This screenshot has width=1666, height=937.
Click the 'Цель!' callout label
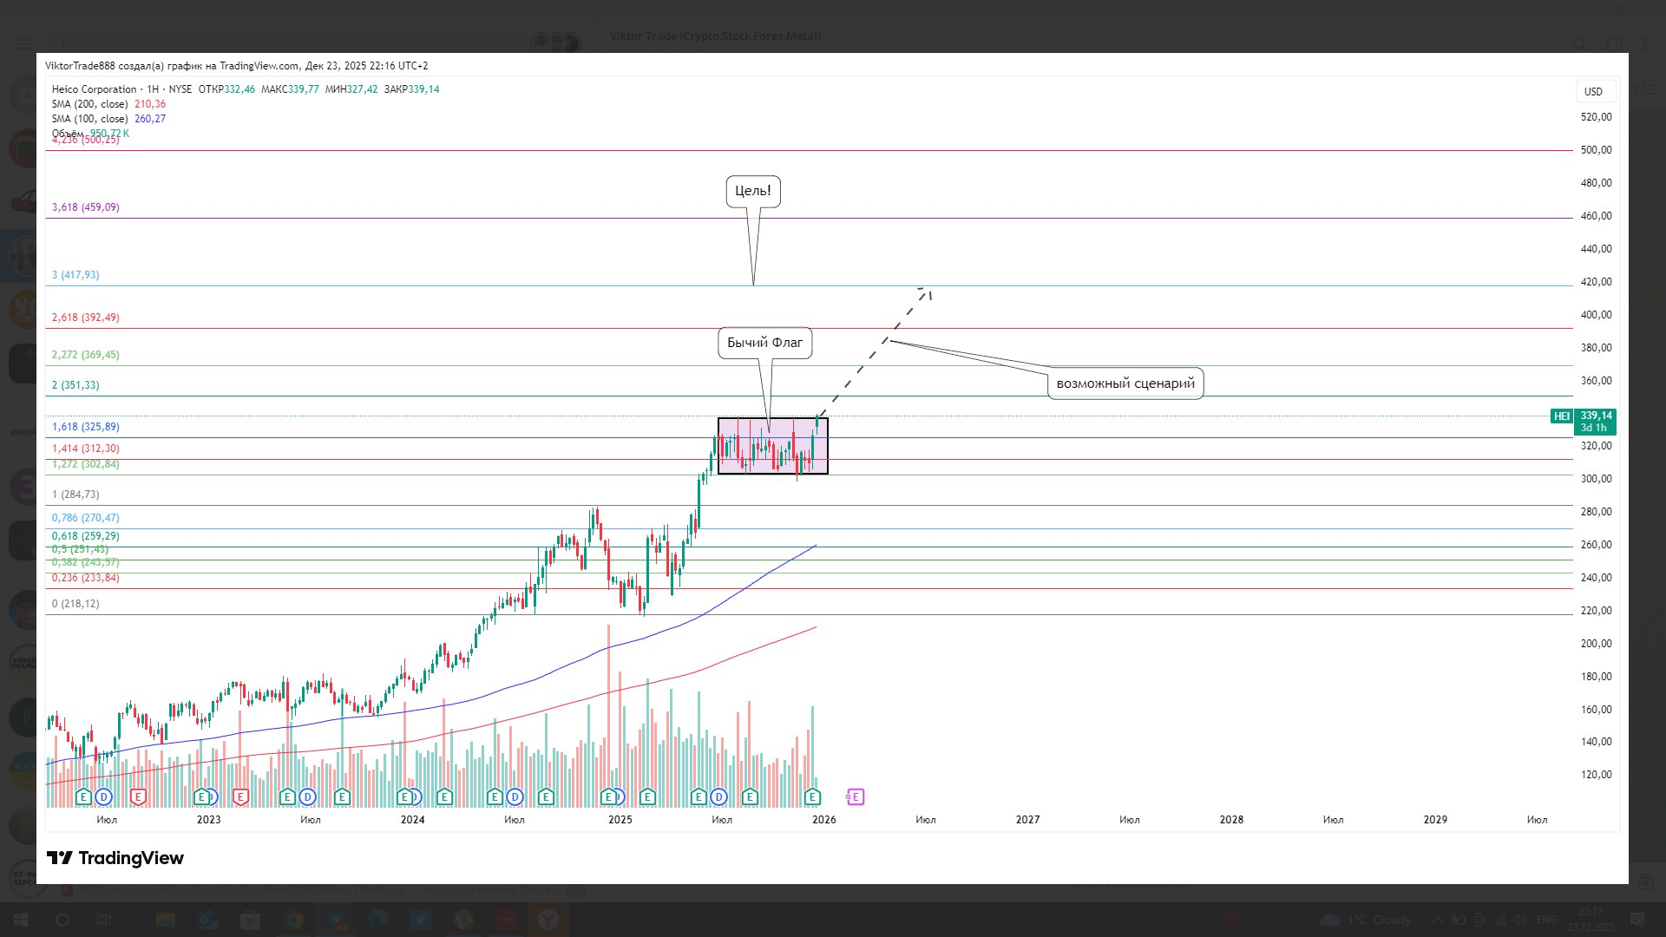pos(752,191)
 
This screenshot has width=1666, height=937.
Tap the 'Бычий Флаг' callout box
pos(764,343)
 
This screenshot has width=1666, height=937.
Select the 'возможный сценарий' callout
pos(1125,383)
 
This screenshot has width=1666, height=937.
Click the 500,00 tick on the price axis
pos(1596,150)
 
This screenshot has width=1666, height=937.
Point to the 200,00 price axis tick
pos(1596,644)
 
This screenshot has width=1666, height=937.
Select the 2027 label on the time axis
pos(1027,820)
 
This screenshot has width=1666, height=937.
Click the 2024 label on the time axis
pos(412,820)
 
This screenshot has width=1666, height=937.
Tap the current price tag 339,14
pos(1596,416)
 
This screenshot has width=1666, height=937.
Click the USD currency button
pos(1593,92)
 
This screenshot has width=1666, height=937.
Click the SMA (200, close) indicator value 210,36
pos(150,104)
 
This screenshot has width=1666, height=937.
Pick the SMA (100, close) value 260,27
pos(150,119)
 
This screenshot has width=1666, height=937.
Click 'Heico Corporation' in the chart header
pos(94,89)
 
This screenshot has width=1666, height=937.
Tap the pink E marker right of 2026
pos(855,796)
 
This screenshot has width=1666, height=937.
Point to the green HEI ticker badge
pos(1561,416)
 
